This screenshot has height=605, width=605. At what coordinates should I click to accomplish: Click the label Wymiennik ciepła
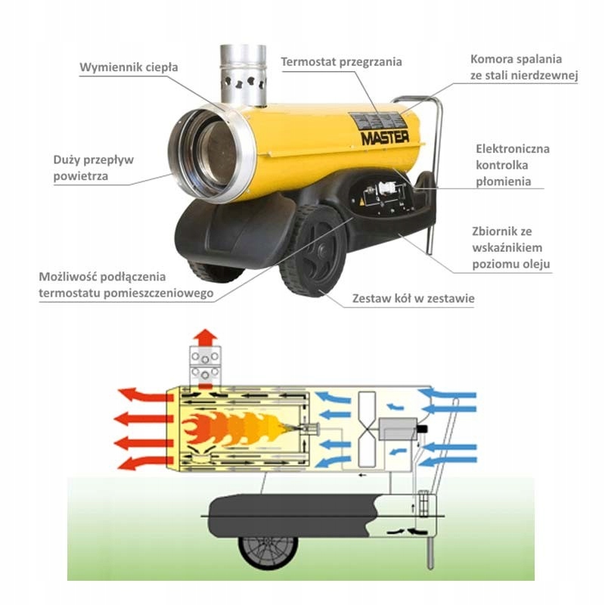pos(129,67)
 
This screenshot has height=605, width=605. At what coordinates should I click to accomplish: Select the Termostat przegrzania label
pos(341,61)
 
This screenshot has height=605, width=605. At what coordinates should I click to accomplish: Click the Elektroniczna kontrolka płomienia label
pos(513,165)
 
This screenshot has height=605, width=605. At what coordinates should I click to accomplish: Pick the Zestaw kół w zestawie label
pos(414,299)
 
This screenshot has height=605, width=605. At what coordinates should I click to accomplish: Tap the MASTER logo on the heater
pos(384,138)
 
